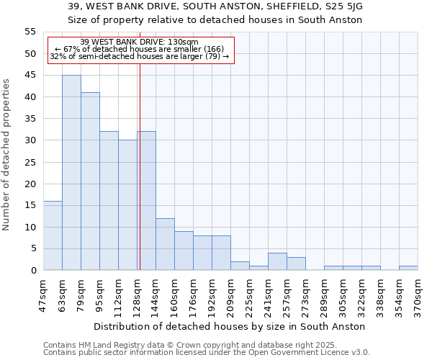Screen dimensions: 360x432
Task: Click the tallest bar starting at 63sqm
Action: tap(71, 173)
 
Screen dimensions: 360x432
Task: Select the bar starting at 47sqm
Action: tap(53, 235)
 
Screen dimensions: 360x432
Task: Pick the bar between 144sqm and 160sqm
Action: tap(165, 244)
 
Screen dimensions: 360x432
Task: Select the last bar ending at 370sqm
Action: tap(408, 268)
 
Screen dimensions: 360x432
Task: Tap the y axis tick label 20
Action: tap(30, 184)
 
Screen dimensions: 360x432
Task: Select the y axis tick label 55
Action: tap(30, 32)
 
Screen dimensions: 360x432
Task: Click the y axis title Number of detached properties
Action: tap(7, 155)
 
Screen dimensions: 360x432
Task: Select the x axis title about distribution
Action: tap(230, 326)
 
